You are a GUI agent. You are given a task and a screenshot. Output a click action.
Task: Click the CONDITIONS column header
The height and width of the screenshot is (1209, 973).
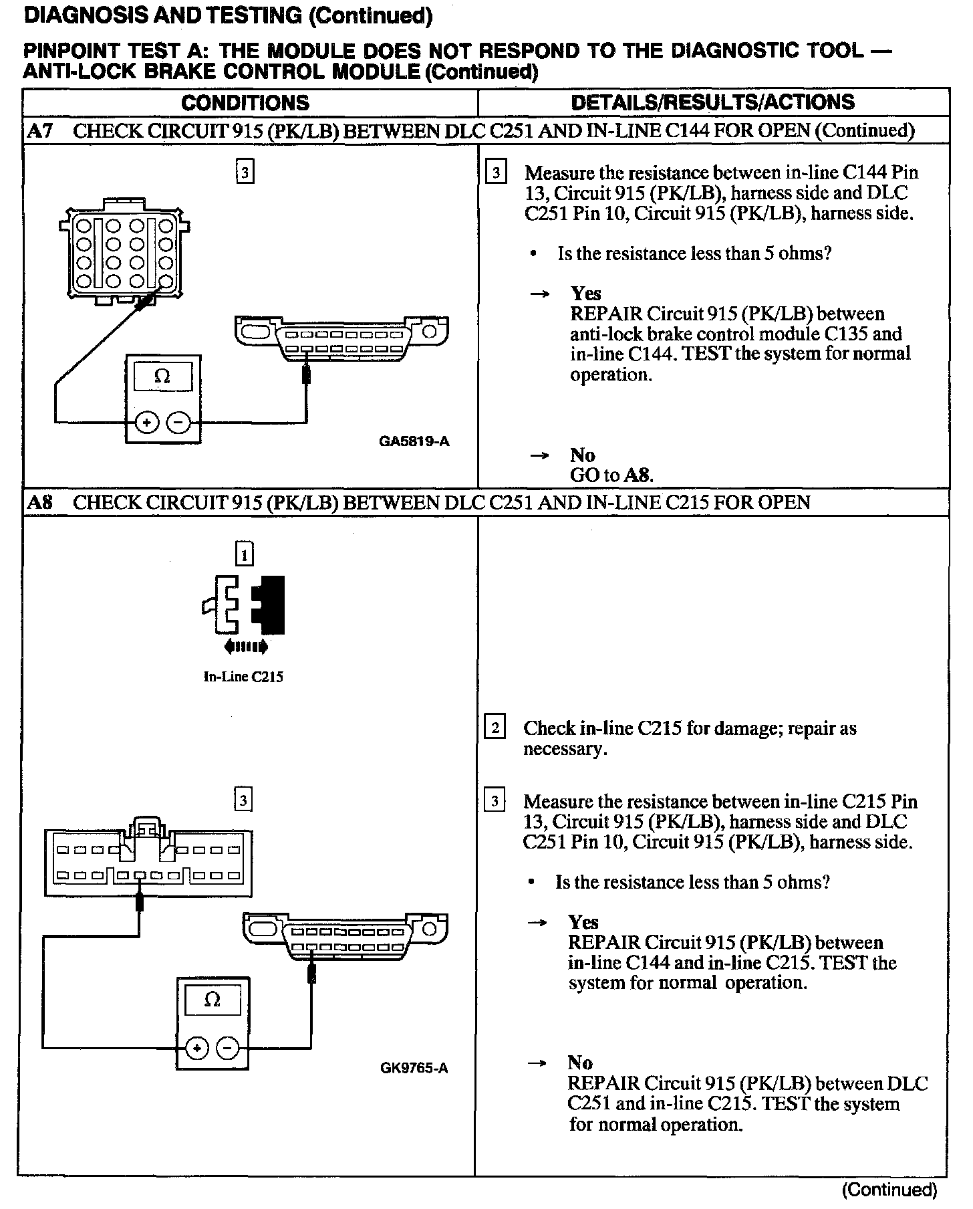pyautogui.click(x=245, y=102)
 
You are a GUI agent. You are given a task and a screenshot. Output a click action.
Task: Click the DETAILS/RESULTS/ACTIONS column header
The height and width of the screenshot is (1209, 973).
pyautogui.click(x=712, y=102)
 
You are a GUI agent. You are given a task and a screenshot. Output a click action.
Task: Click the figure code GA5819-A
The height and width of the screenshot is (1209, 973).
pyautogui.click(x=414, y=441)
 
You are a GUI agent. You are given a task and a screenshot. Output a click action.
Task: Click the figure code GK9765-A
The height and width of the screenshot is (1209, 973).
pyautogui.click(x=414, y=1068)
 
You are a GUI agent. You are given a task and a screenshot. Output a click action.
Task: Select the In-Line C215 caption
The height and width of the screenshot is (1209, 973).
pyautogui.click(x=243, y=677)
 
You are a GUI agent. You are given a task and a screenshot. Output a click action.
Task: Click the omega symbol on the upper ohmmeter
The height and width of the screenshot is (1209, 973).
pyautogui.click(x=162, y=376)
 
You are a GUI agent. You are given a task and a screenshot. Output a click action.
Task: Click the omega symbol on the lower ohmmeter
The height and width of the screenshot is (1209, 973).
pyautogui.click(x=212, y=1000)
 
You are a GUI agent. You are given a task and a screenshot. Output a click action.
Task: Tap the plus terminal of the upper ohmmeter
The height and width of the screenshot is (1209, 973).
pyautogui.click(x=147, y=423)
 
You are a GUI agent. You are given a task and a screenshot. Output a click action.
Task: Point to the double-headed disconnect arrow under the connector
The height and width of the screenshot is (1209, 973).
pyautogui.click(x=246, y=647)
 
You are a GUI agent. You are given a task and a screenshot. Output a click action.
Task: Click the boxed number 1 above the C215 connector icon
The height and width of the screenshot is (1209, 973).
pyautogui.click(x=245, y=554)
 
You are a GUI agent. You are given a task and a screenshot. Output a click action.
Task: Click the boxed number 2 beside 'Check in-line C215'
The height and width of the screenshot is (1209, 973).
pyautogui.click(x=495, y=727)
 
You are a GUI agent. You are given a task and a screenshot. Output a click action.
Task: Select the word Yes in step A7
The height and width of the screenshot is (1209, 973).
pyautogui.click(x=585, y=294)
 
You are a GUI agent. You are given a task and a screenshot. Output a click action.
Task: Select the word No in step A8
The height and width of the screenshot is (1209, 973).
pyautogui.click(x=580, y=1063)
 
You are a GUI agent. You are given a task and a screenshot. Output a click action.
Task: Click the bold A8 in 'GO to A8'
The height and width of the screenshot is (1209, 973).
pyautogui.click(x=638, y=475)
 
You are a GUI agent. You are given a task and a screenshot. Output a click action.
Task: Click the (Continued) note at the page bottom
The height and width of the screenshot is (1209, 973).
pyautogui.click(x=889, y=1190)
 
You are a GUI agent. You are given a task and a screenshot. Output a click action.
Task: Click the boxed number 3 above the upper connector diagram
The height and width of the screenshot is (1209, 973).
pyautogui.click(x=245, y=173)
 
